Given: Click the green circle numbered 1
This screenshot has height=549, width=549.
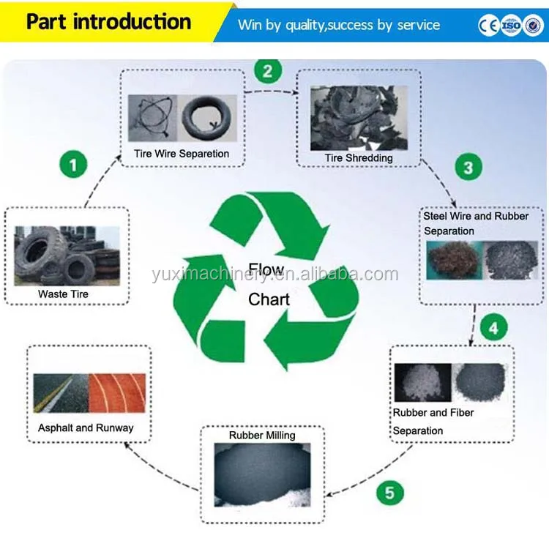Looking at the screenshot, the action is pos(73,164).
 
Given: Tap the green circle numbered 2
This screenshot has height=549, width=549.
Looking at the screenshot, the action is pos(268,71).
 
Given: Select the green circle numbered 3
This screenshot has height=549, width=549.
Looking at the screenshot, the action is pos(468,167).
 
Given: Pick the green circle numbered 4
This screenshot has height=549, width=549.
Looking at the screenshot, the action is pos(493,328).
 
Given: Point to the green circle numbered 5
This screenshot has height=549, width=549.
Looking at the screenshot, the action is pos(389,493).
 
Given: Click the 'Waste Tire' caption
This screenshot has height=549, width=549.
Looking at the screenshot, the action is pos(64,294).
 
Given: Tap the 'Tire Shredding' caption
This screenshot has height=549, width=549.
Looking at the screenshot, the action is pos(359,158).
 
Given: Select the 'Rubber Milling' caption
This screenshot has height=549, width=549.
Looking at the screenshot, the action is pos(262,436).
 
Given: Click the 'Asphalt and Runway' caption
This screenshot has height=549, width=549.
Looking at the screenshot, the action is pos(86,428).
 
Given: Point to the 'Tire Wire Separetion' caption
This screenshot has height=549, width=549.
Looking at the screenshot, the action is pos(182,154).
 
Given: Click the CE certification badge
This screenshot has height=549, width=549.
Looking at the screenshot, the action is pos(489,26).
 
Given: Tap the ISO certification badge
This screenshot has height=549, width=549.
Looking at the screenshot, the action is pos(511,25).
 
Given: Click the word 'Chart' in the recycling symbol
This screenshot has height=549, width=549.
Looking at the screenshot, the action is pos(269,299).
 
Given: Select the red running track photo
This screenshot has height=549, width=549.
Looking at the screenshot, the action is pos(117,393).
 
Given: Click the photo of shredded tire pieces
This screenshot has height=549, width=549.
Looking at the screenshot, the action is pos(359,118).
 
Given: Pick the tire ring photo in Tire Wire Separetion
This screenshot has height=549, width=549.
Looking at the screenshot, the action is pos(207,118).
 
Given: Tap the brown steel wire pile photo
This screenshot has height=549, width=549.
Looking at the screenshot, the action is pos(455,260).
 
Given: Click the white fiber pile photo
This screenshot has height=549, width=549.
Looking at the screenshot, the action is pos(423,382).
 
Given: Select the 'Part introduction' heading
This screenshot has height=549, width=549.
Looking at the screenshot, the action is pos(109,22).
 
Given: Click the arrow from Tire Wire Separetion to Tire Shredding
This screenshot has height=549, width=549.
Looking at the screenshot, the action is pos(272,91).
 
